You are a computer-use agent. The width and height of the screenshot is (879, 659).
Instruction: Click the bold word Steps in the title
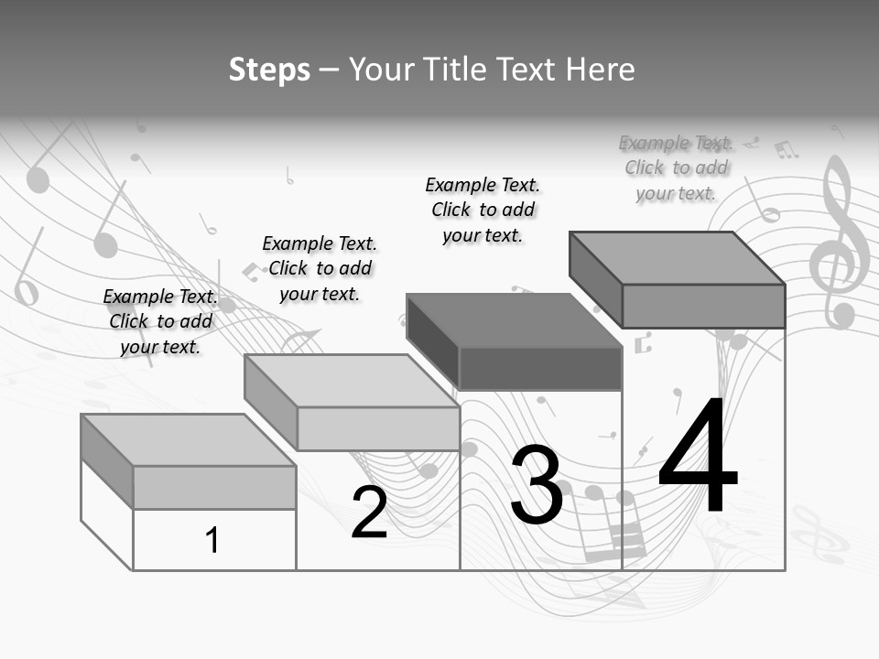coord(269,70)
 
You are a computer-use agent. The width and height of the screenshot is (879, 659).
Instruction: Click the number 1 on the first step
coord(212,540)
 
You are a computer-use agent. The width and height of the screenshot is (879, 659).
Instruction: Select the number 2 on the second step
coord(369,513)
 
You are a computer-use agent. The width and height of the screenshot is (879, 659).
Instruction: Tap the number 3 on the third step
coord(537,485)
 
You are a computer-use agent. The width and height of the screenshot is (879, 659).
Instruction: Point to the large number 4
coord(698,458)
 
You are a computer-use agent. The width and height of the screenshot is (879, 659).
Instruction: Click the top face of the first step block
coord(188,439)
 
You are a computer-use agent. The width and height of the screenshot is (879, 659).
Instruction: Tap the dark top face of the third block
coord(514,320)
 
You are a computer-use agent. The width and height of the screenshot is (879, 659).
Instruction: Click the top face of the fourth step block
coord(677,257)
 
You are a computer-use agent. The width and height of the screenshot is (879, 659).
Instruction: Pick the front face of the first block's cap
coord(214,487)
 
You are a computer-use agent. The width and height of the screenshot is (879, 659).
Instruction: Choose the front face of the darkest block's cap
coord(540,369)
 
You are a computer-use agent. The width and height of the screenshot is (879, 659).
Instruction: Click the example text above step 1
coord(160,321)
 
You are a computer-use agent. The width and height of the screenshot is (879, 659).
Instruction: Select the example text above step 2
coord(320,268)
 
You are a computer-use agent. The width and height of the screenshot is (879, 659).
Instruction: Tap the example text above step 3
coord(483,210)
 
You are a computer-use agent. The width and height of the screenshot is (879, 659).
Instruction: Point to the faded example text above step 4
coord(676,167)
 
